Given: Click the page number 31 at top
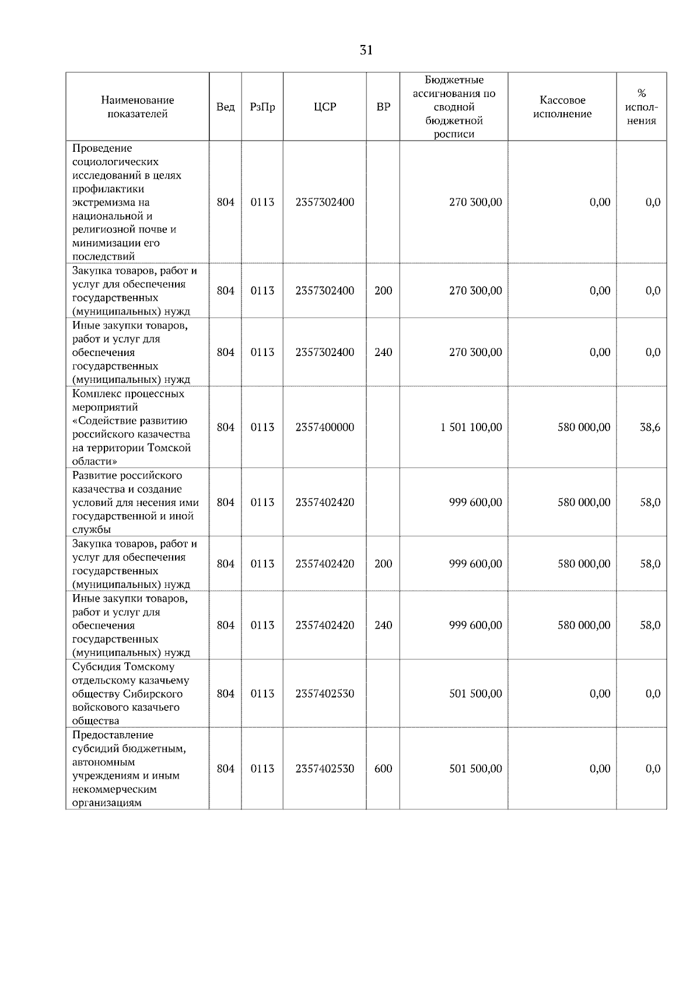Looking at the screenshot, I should [366, 50].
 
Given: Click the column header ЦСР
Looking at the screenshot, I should [324, 107].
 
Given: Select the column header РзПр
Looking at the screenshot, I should [262, 107].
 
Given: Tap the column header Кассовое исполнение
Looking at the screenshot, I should [562, 107].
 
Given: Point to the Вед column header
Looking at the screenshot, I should [225, 107].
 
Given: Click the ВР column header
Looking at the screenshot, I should [383, 107].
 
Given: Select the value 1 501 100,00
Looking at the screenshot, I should [471, 427].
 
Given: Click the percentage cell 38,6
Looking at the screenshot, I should [650, 427].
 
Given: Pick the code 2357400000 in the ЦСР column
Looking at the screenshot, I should [324, 427].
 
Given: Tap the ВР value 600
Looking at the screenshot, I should [383, 769].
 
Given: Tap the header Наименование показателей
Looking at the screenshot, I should [137, 107].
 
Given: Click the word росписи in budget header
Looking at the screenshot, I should [454, 134].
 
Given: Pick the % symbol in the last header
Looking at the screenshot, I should [641, 93].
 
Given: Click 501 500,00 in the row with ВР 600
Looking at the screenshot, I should [475, 769].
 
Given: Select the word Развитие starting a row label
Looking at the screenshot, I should [94, 476].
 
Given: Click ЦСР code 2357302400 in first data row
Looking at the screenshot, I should [324, 203].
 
